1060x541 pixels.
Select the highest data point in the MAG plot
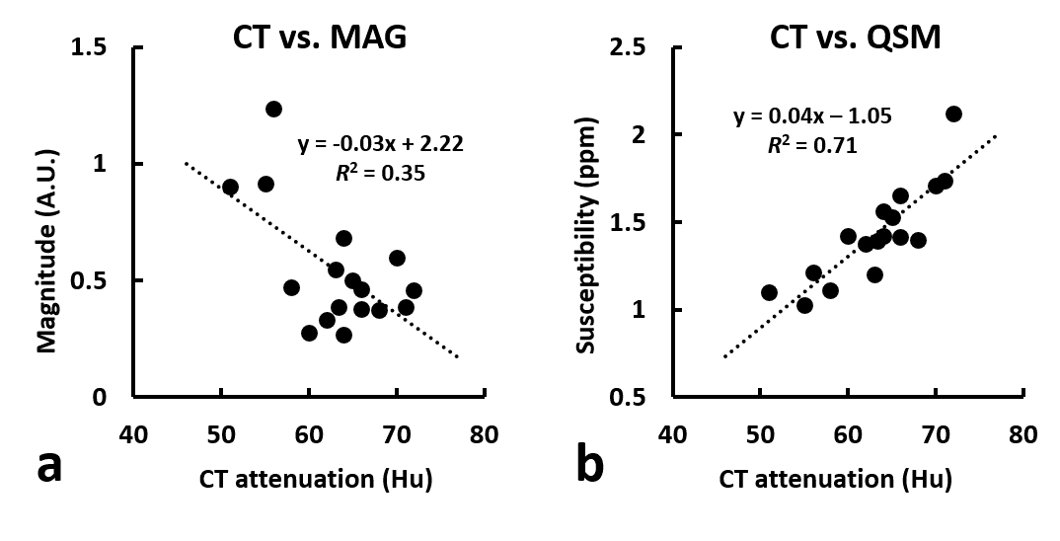tap(273, 109)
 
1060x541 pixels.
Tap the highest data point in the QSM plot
tap(953, 114)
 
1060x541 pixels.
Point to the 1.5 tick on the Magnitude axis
tap(98, 47)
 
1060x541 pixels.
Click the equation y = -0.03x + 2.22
tap(381, 144)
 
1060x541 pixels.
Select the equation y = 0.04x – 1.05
tap(812, 116)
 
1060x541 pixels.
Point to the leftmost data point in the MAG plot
tap(230, 187)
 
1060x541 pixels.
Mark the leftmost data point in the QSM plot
tap(769, 292)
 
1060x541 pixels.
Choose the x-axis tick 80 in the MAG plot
tap(484, 435)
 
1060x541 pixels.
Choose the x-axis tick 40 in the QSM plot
tap(672, 435)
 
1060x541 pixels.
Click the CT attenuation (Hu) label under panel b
tap(835, 481)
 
